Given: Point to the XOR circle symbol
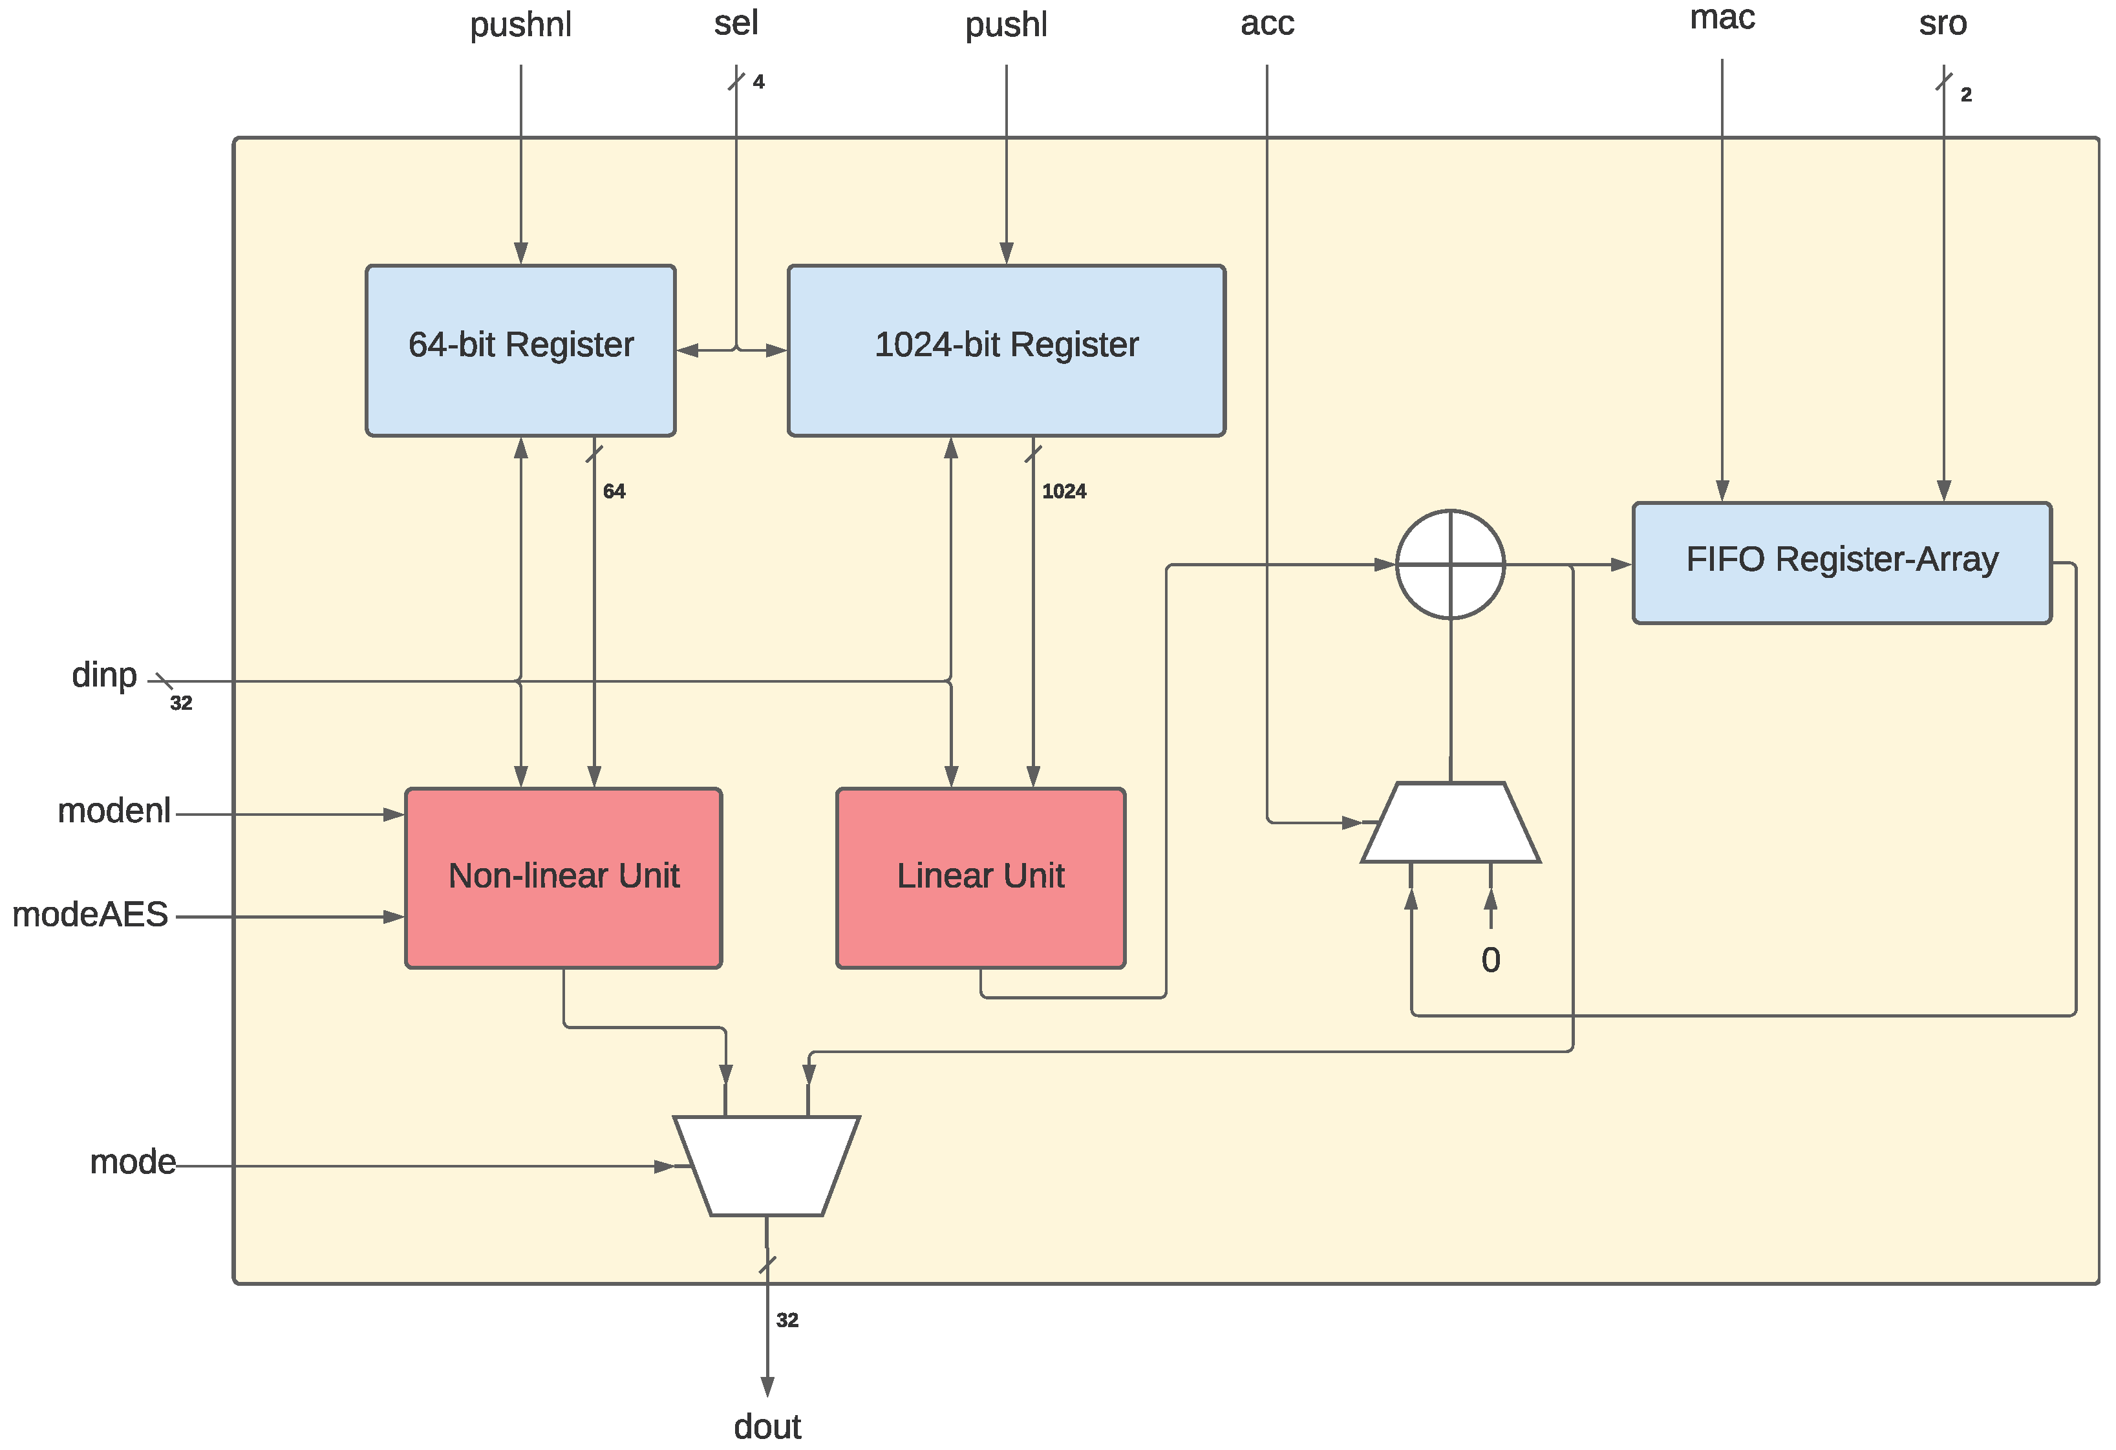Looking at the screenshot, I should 1449,564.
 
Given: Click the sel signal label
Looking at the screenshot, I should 736,23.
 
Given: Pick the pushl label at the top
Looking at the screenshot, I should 1005,25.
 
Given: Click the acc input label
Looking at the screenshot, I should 1266,23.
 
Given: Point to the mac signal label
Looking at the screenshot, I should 1721,17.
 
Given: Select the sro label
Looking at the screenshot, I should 1942,23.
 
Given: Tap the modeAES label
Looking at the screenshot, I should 89,914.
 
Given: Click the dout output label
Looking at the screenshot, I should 767,1426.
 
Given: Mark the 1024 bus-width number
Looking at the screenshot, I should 1063,491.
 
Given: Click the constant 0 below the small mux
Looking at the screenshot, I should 1490,959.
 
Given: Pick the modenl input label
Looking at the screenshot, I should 113,810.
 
